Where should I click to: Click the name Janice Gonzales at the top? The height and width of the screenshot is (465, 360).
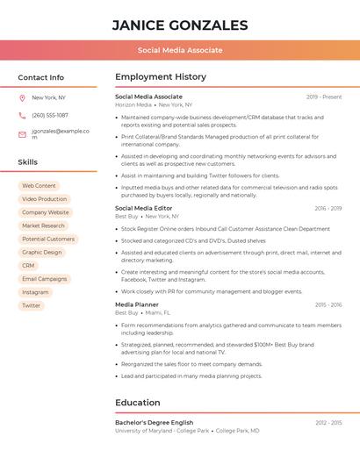180,25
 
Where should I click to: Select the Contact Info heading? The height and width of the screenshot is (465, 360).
41,77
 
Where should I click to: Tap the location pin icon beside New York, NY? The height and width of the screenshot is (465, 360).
22,97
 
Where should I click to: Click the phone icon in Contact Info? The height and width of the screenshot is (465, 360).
22,115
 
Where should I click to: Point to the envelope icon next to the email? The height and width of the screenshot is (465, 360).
22,134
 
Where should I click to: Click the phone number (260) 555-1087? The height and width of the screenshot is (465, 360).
50,115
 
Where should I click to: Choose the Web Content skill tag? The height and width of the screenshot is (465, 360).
39,186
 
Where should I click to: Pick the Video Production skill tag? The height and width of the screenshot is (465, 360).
44,199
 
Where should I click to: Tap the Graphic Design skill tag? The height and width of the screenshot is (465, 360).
42,252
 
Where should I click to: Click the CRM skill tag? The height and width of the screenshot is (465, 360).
29,265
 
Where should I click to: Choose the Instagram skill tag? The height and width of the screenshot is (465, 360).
36,292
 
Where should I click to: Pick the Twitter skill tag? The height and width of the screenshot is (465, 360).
32,305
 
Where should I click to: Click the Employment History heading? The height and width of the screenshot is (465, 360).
161,77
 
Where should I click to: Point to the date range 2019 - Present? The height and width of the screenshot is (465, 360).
324,97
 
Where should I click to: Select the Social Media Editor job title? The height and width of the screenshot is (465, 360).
144,208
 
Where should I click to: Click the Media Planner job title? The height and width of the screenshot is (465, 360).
136,304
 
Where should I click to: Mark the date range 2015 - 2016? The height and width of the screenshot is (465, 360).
328,304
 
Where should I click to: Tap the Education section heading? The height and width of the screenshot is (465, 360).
138,403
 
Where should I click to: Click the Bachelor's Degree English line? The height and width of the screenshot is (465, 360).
154,423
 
